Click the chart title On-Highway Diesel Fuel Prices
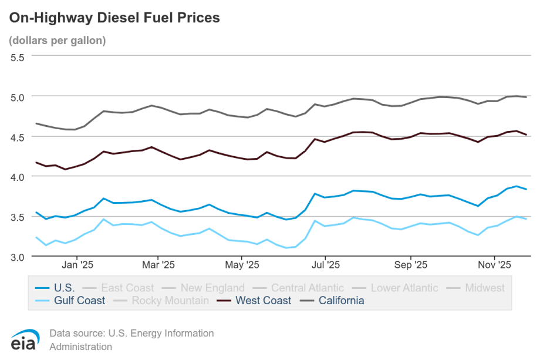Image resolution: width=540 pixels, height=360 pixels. (x=114, y=18)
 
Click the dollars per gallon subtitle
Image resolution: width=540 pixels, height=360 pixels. (x=57, y=41)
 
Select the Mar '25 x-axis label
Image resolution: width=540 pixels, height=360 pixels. (x=158, y=265)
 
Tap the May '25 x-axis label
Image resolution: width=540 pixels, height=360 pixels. (x=242, y=265)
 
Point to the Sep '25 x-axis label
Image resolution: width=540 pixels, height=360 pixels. (x=411, y=265)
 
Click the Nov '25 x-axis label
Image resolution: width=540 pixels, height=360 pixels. (x=494, y=265)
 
